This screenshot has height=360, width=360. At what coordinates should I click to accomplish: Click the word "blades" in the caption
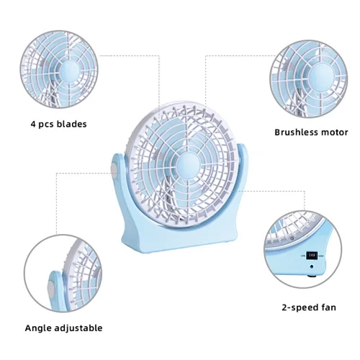click(72, 124)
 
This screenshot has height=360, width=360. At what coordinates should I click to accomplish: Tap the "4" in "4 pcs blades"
click(33, 125)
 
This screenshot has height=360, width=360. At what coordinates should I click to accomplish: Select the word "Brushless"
click(295, 132)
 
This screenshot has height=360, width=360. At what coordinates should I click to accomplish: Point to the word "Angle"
click(38, 328)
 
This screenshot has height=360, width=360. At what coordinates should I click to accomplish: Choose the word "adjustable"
click(78, 328)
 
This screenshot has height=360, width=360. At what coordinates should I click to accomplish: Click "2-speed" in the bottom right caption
click(298, 307)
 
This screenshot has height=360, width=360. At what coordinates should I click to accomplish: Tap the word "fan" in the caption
click(327, 307)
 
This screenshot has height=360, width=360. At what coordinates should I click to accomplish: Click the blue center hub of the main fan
click(189, 166)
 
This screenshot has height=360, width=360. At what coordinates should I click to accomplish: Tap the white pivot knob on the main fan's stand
click(114, 170)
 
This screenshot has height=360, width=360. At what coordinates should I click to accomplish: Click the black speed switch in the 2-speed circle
click(312, 255)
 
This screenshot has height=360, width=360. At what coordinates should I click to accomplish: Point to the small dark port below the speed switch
click(312, 266)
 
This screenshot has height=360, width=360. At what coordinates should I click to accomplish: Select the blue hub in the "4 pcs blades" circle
click(68, 72)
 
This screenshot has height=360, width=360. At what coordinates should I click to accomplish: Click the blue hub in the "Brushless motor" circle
click(321, 77)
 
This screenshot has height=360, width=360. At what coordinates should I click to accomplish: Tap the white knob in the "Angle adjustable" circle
click(51, 288)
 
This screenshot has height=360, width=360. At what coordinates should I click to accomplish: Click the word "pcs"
click(46, 125)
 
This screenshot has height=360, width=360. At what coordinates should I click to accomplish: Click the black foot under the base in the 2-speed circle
click(312, 276)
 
